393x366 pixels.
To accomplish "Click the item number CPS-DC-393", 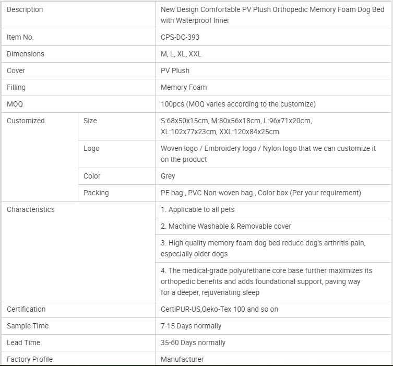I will pos(180,37).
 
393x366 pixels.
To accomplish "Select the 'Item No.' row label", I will pos(20,37).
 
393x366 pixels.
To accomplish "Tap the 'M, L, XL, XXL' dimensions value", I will pos(181,54).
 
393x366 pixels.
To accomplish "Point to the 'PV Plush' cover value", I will pos(175,70).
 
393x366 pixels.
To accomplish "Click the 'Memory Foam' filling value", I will pos(184,87).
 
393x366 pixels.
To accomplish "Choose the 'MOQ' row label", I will pos(15,104).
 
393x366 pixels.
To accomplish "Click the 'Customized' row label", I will pos(26,121).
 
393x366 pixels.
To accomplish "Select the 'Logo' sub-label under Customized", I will pos(91,148).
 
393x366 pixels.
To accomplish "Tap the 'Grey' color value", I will pos(168,176).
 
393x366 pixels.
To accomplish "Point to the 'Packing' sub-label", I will pos(96,193).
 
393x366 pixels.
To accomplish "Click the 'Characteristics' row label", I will pos(30,209).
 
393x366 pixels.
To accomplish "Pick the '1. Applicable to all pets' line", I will pos(198,209).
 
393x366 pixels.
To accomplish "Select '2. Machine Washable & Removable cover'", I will pos(226,226).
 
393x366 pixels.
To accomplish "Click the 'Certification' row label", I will pos(26,309).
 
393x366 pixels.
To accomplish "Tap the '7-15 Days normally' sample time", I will pos(191,326).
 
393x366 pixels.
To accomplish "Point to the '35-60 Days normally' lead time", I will pos(193,343).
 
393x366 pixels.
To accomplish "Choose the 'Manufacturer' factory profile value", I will pos(182,359).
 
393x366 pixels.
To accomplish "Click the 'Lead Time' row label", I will pos(23,343).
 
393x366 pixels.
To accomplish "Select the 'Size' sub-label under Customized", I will pos(90,121).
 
